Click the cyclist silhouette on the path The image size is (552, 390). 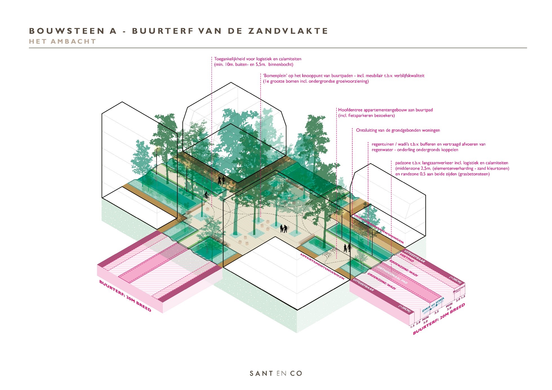pos(206,196)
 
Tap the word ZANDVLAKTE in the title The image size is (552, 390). pos(288,31)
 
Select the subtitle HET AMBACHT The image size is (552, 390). pos(63,41)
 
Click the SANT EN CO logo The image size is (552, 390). pos(276,373)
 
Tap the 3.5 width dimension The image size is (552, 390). pos(437,312)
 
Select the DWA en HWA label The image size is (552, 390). pos(433,305)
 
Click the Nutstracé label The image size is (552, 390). pos(459,289)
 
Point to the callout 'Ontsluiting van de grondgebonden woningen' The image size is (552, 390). pos(398,130)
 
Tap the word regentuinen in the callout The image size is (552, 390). pos(383,144)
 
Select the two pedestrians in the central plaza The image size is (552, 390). pos(283,228)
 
